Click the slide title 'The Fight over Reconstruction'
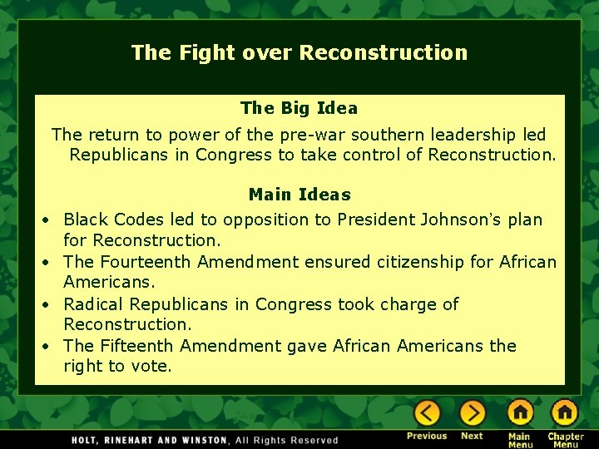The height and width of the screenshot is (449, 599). pyautogui.click(x=299, y=52)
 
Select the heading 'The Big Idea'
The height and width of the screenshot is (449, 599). pyautogui.click(x=299, y=108)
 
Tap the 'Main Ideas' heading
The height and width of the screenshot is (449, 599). pyautogui.click(x=299, y=195)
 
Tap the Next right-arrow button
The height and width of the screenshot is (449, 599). pyautogui.click(x=472, y=413)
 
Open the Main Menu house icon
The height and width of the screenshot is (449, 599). pyautogui.click(x=520, y=413)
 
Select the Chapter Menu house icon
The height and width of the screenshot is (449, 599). pyautogui.click(x=564, y=413)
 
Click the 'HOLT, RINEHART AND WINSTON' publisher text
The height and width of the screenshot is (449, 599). pyautogui.click(x=149, y=440)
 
